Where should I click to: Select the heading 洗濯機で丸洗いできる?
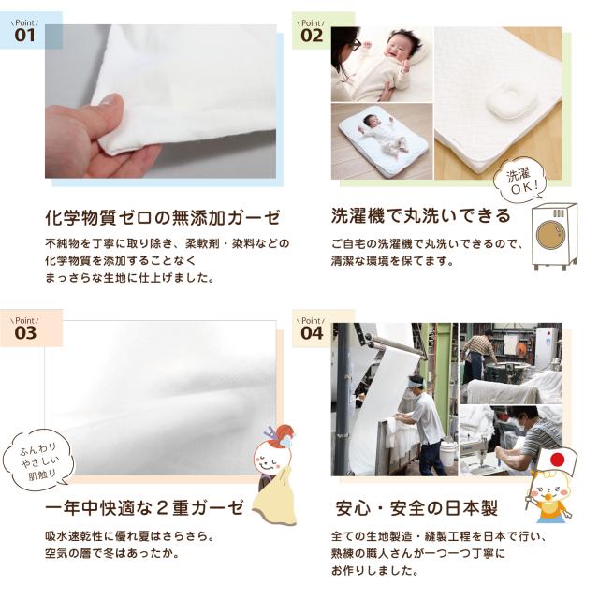click(x=420, y=217)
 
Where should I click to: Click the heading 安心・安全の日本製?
click(x=416, y=509)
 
